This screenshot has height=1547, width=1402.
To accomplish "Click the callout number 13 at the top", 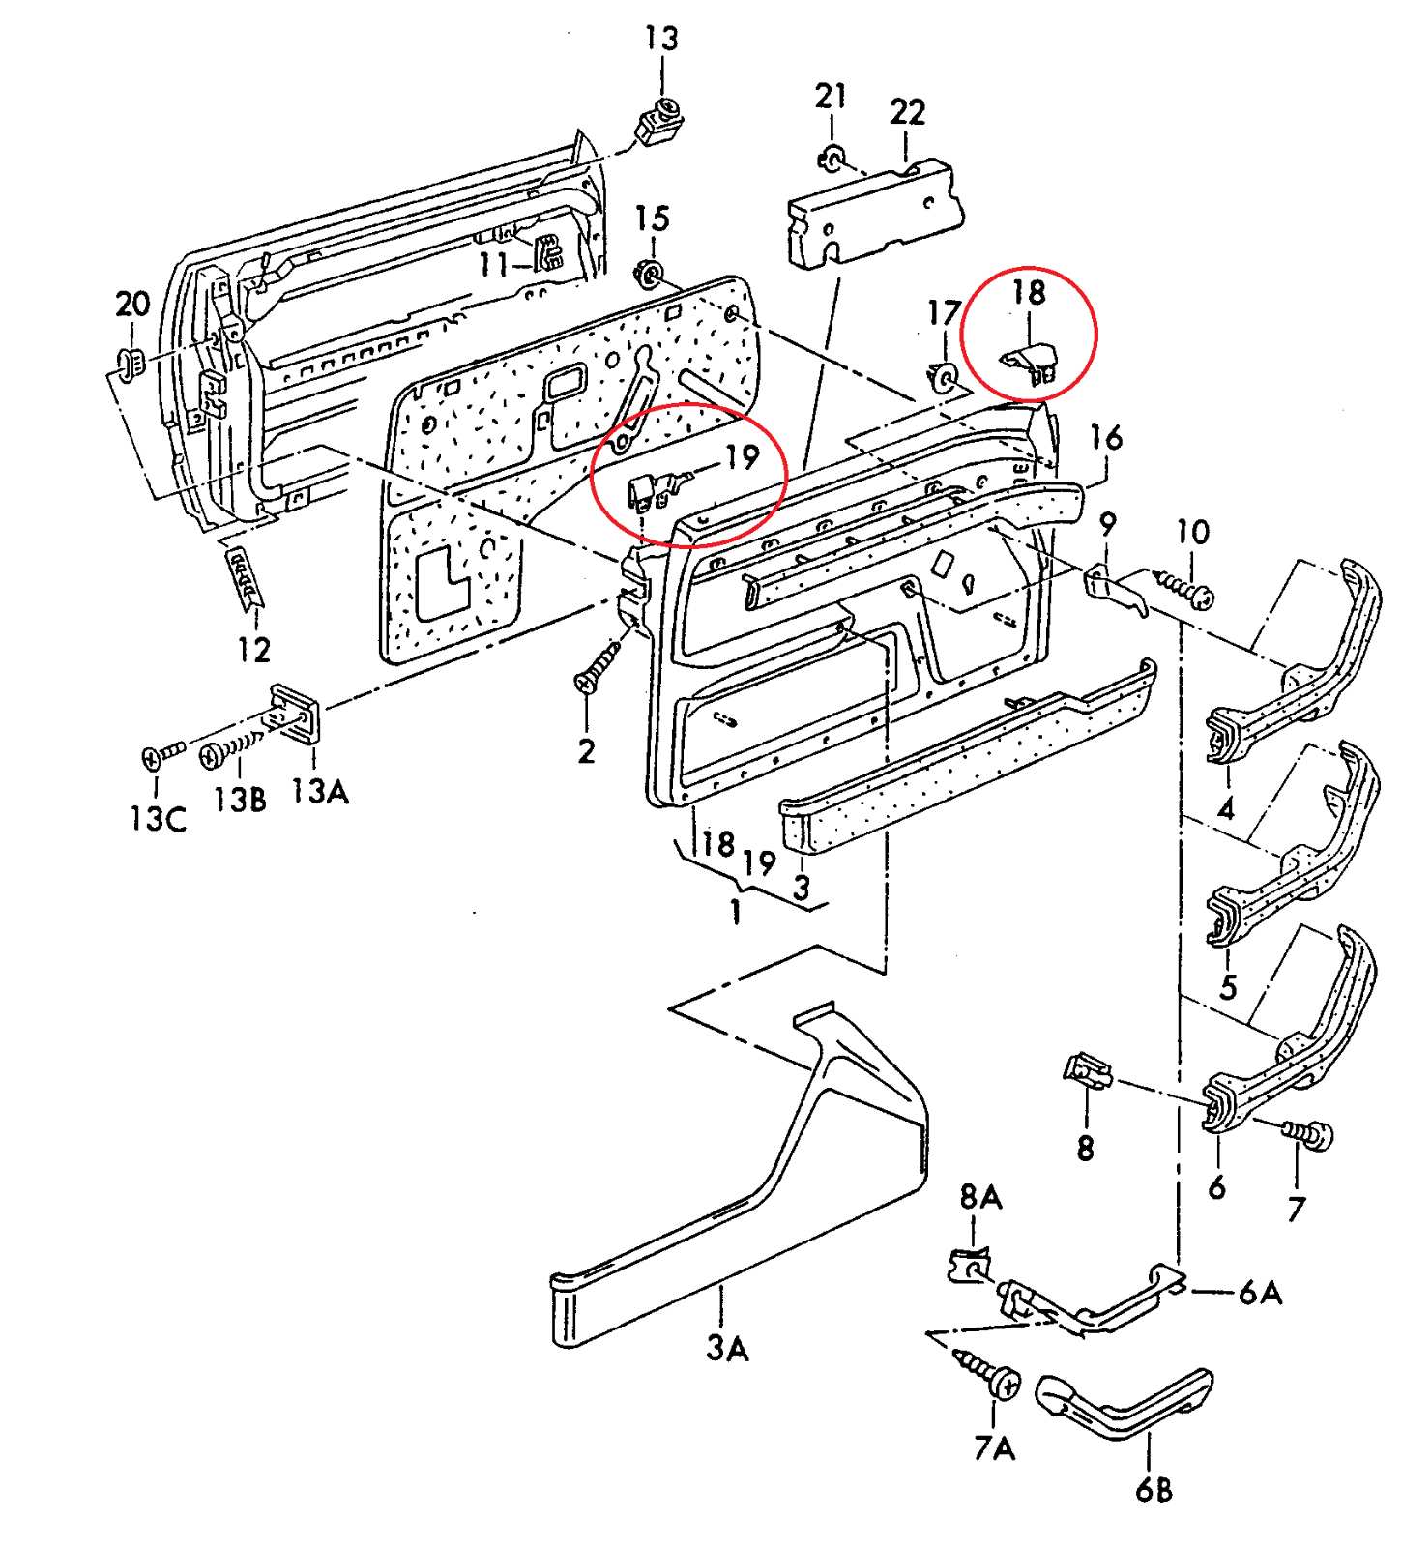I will (x=662, y=39).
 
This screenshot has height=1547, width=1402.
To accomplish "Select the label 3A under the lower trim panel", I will (x=727, y=1347).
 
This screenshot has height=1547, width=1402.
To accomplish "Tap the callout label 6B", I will (x=1154, y=1489).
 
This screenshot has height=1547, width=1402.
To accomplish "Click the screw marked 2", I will (x=600, y=666).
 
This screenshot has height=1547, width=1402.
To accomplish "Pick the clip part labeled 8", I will (x=1087, y=1071).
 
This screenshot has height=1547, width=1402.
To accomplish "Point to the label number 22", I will (x=907, y=112).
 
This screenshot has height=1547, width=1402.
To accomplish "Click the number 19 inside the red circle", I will (x=742, y=456).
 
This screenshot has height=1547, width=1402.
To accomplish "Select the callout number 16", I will (x=1106, y=437).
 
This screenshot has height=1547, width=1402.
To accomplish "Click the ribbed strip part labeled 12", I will (x=245, y=578).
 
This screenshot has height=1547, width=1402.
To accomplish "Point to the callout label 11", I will (x=493, y=263).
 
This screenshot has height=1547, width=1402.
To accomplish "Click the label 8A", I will (x=980, y=1198).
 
